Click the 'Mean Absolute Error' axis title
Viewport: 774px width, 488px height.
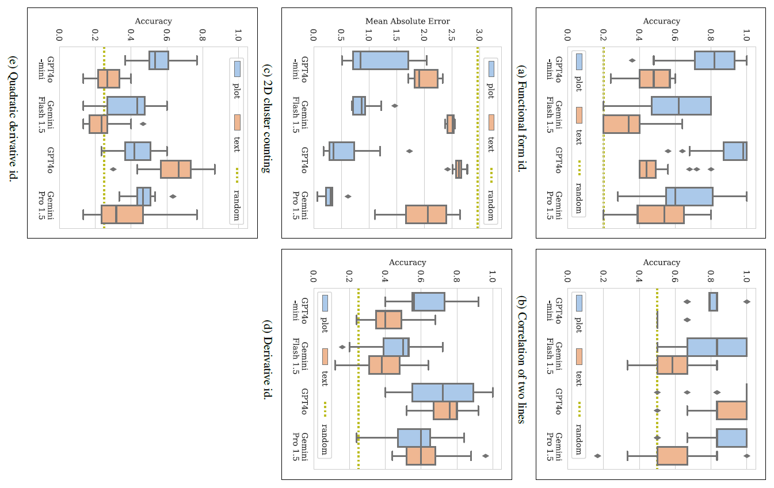[407, 21]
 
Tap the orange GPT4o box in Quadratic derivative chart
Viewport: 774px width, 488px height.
[176, 170]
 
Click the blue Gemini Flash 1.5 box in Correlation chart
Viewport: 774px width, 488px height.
[716, 347]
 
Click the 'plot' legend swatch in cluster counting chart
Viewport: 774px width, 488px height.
[491, 70]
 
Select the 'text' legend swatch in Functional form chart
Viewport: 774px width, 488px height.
[579, 115]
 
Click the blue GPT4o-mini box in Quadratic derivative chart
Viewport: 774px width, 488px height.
[159, 60]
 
